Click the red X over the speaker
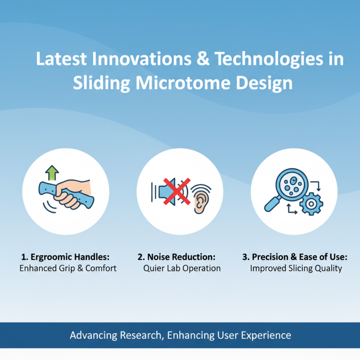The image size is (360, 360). click(173, 190)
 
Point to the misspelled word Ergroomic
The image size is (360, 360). click(53, 257)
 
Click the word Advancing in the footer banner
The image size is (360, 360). click(93, 335)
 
